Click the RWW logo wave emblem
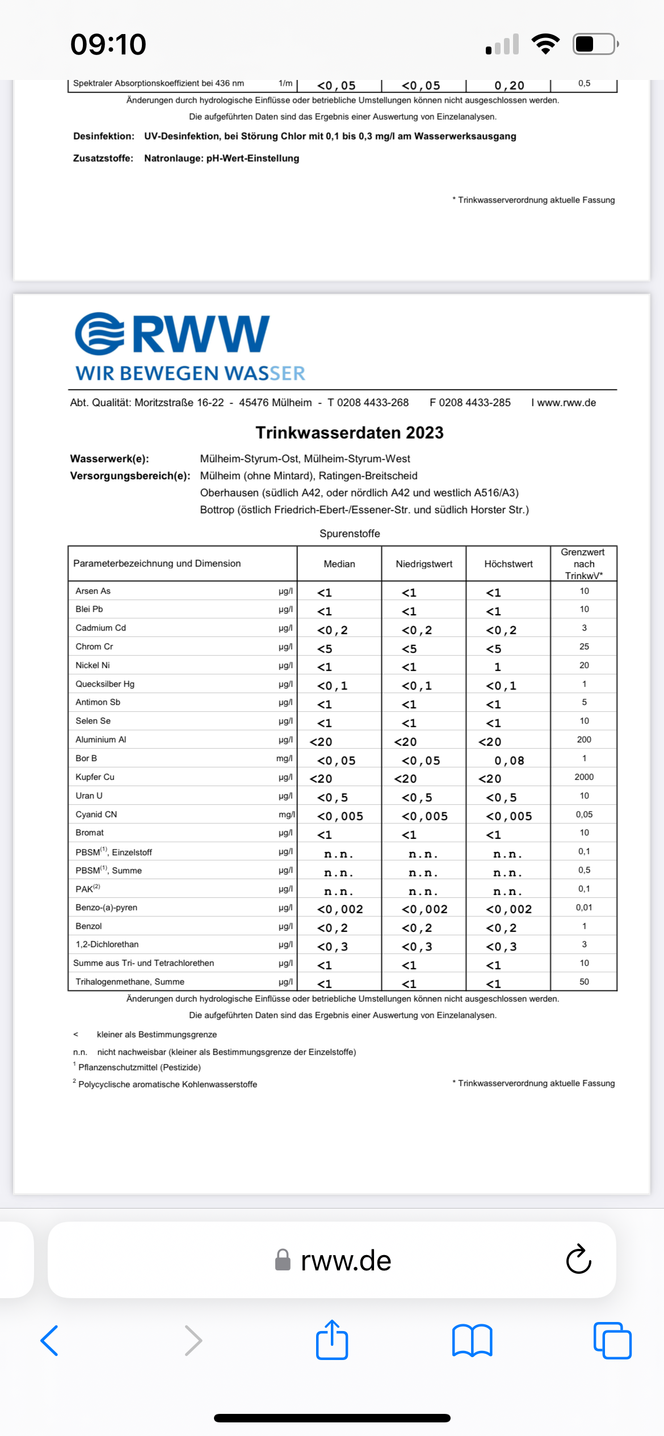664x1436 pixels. coord(100,333)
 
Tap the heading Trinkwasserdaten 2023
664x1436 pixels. coord(349,433)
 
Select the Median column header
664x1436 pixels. coord(339,564)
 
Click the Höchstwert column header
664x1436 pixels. coord(508,564)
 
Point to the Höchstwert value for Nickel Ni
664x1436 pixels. coord(498,667)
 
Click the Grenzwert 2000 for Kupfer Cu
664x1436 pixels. coord(584,777)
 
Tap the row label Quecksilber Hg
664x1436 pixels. coord(105,684)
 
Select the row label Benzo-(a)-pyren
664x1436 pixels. coord(106,907)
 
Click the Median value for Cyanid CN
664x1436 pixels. coord(339,816)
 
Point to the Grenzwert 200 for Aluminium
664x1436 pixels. coord(584,740)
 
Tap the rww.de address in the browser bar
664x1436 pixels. coord(345,1260)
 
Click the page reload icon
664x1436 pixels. coord(578,1260)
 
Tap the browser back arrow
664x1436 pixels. coord(50,1341)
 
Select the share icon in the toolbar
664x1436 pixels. coord(332,1340)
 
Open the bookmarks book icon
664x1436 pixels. coord(472,1341)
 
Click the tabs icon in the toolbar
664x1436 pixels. coord(612,1341)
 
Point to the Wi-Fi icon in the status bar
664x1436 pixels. coord(545,44)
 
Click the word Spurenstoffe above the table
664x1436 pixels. coord(350,534)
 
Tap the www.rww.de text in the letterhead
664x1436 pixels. coord(566,403)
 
